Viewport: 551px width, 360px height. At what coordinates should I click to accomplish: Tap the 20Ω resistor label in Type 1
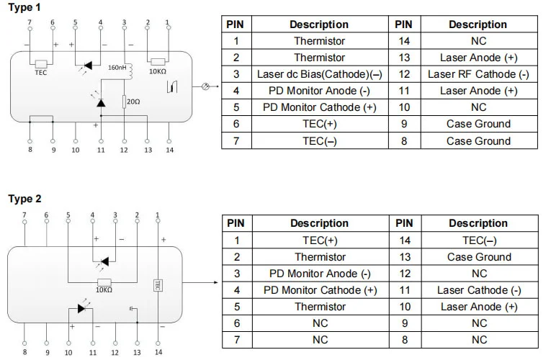(x=133, y=102)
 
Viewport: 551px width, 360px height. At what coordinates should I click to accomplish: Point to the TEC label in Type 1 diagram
(x=40, y=72)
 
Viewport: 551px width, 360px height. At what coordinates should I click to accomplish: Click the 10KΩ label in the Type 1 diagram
(x=158, y=72)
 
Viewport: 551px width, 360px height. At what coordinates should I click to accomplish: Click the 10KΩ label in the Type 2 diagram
(x=104, y=289)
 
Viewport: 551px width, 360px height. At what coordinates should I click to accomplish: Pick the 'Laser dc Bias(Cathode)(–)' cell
(x=319, y=74)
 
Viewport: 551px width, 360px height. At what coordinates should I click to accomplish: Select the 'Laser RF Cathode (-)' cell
(x=478, y=74)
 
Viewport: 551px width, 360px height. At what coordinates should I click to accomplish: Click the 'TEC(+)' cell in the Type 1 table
(x=319, y=124)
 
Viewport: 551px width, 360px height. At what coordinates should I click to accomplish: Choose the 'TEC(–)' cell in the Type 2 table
(x=478, y=240)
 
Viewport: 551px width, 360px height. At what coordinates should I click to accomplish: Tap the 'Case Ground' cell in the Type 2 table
(x=478, y=257)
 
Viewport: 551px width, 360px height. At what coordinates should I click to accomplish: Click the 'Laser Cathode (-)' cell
(x=478, y=290)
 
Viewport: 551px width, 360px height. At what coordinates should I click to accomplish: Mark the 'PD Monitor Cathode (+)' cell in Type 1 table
(x=319, y=107)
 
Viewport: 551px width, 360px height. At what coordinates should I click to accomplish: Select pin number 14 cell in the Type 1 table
(x=404, y=41)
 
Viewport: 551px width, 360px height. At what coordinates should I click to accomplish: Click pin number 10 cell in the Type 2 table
(x=404, y=307)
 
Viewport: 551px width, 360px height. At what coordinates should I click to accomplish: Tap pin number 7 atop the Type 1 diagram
(x=29, y=23)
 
